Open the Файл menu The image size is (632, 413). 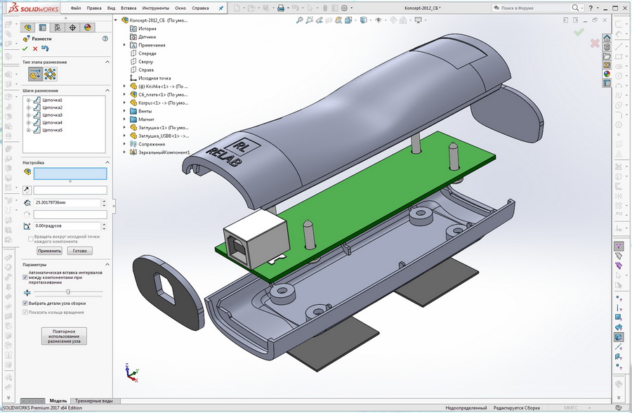point(76,8)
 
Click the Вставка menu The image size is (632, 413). point(128,8)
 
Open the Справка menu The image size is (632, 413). point(200,8)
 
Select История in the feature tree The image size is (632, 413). point(147,28)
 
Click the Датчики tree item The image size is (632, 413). point(147,37)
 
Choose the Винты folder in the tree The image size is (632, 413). point(145,110)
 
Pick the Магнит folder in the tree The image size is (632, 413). point(147,119)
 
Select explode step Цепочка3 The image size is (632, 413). point(52,115)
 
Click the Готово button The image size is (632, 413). point(79,251)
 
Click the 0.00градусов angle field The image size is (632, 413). point(67,226)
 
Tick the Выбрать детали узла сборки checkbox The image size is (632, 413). point(26,303)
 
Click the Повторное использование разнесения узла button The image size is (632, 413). point(65,336)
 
